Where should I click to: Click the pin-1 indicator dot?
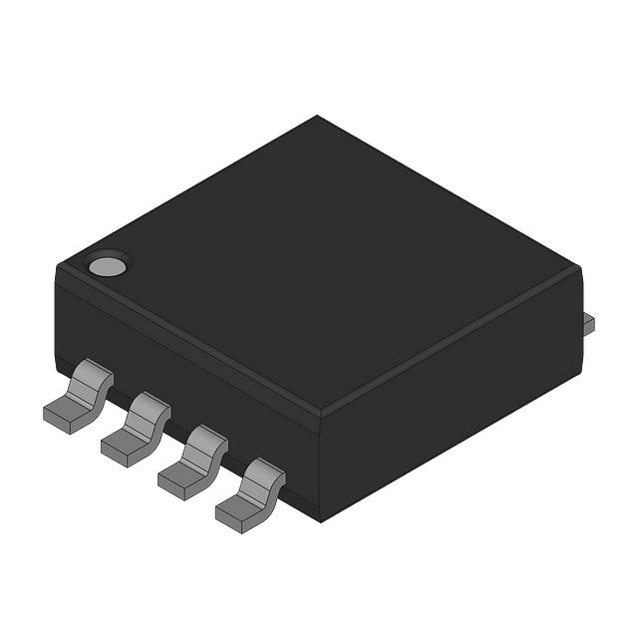tap(106, 266)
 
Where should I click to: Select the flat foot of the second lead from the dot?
tap(123, 443)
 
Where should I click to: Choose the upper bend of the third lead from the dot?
tap(208, 441)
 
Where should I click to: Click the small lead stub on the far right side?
tap(588, 321)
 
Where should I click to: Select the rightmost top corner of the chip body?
tap(579, 267)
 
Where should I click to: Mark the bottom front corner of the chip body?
tap(320, 519)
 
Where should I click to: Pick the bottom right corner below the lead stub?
tap(579, 371)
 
